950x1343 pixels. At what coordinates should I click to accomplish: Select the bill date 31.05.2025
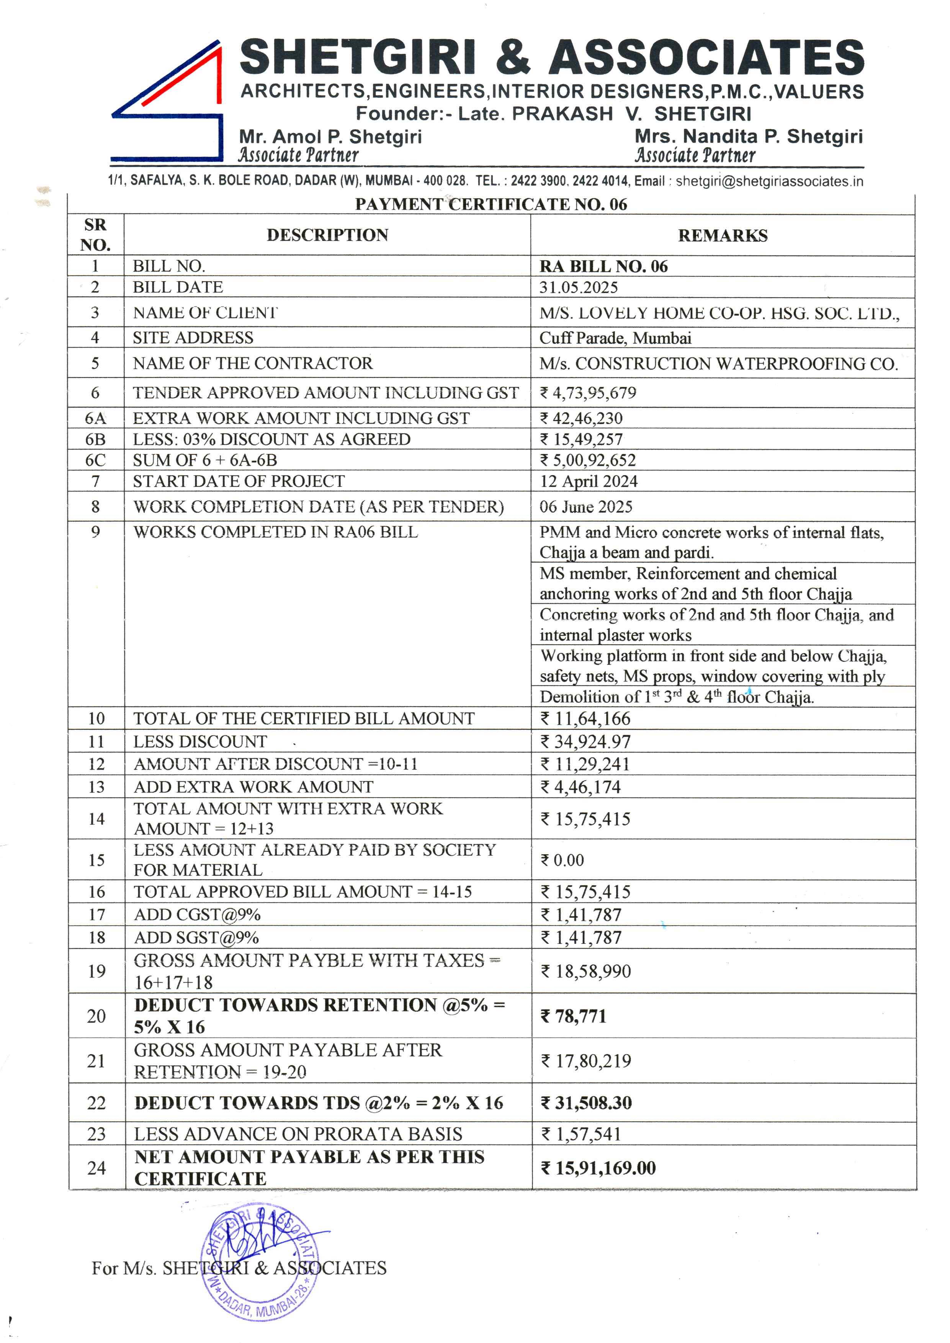tap(579, 287)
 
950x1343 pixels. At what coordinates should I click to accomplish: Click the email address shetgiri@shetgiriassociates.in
tap(769, 182)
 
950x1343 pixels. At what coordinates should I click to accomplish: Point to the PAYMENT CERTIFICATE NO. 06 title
tap(491, 204)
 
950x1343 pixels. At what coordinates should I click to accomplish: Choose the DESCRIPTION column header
tap(328, 235)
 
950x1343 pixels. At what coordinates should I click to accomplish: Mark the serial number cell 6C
tap(95, 460)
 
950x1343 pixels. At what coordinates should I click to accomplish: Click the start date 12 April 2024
tap(589, 482)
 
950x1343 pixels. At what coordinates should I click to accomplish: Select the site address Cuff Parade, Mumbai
tap(615, 338)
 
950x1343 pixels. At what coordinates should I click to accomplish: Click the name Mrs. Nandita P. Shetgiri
tap(748, 136)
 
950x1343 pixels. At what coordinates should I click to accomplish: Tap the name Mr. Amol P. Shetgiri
tap(330, 137)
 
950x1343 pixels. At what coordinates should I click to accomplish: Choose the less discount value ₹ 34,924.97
tap(585, 742)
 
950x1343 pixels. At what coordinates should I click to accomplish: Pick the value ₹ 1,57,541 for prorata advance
tap(581, 1134)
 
